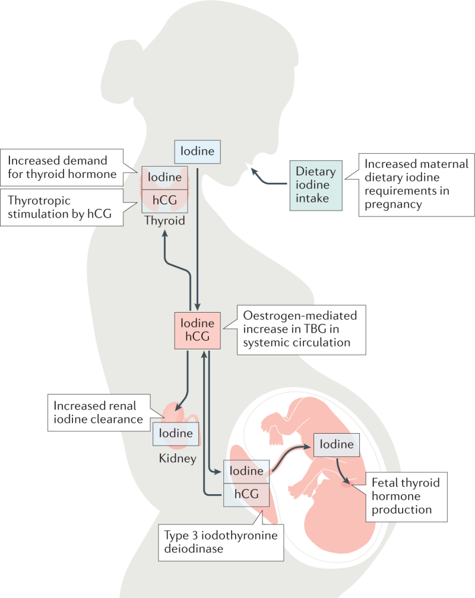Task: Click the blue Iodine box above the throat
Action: (x=197, y=152)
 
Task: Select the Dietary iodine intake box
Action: (x=316, y=185)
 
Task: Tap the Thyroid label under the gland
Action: (x=164, y=221)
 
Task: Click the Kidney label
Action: (x=178, y=457)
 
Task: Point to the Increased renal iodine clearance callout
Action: (x=99, y=413)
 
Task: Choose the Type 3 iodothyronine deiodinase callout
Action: (x=221, y=542)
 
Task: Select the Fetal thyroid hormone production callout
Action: (x=407, y=497)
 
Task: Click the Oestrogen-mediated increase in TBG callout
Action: (x=301, y=330)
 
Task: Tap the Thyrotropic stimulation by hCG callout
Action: (x=62, y=208)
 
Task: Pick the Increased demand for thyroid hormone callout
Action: (x=62, y=167)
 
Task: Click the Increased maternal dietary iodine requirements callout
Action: (x=417, y=185)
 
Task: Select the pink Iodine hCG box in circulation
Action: (x=197, y=330)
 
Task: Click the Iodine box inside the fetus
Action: (x=337, y=445)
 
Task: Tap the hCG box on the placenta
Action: (x=246, y=495)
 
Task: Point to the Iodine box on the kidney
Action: (x=176, y=434)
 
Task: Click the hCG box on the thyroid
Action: (x=164, y=201)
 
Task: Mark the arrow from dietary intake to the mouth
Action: (x=267, y=180)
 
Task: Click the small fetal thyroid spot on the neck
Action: (x=346, y=484)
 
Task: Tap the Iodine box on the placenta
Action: (x=246, y=472)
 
